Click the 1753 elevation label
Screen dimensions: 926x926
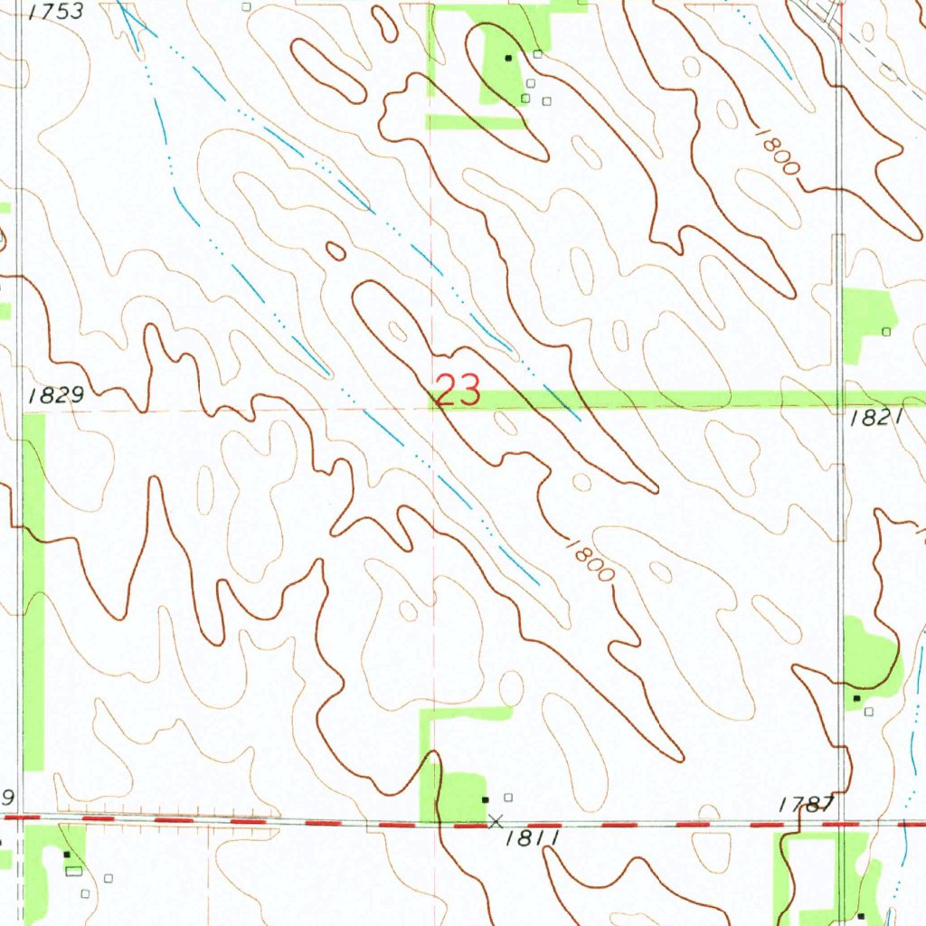point(55,11)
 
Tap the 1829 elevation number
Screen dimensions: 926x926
point(55,395)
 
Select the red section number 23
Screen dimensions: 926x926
point(458,392)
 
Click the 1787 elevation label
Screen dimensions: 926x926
point(806,804)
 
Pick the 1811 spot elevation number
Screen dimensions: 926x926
point(534,838)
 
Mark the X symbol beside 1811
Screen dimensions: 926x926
point(494,821)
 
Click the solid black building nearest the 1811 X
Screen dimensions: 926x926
point(486,799)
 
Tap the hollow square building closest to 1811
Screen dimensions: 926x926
point(508,797)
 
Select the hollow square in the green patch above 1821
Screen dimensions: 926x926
point(886,332)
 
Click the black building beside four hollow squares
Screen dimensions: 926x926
point(508,57)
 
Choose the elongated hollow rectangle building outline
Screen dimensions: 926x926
point(73,870)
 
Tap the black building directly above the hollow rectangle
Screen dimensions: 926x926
point(66,854)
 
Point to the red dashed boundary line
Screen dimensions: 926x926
point(271,821)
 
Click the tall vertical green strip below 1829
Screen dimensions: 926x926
point(33,588)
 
